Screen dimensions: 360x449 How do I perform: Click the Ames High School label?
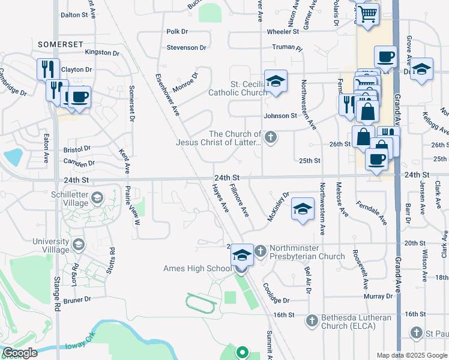(x=197, y=268)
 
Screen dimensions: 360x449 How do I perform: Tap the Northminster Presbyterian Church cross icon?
(x=261, y=251)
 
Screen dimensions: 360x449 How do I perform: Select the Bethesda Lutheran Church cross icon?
(x=312, y=321)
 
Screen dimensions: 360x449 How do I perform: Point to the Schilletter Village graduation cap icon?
(x=96, y=197)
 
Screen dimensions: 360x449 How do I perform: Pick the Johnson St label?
(x=280, y=115)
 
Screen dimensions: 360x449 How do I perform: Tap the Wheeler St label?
(x=284, y=32)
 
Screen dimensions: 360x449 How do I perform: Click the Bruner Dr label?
(x=77, y=298)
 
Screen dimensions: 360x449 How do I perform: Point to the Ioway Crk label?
(x=77, y=346)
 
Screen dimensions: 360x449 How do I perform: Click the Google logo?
(x=19, y=353)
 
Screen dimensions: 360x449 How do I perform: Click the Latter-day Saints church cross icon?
(x=271, y=138)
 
